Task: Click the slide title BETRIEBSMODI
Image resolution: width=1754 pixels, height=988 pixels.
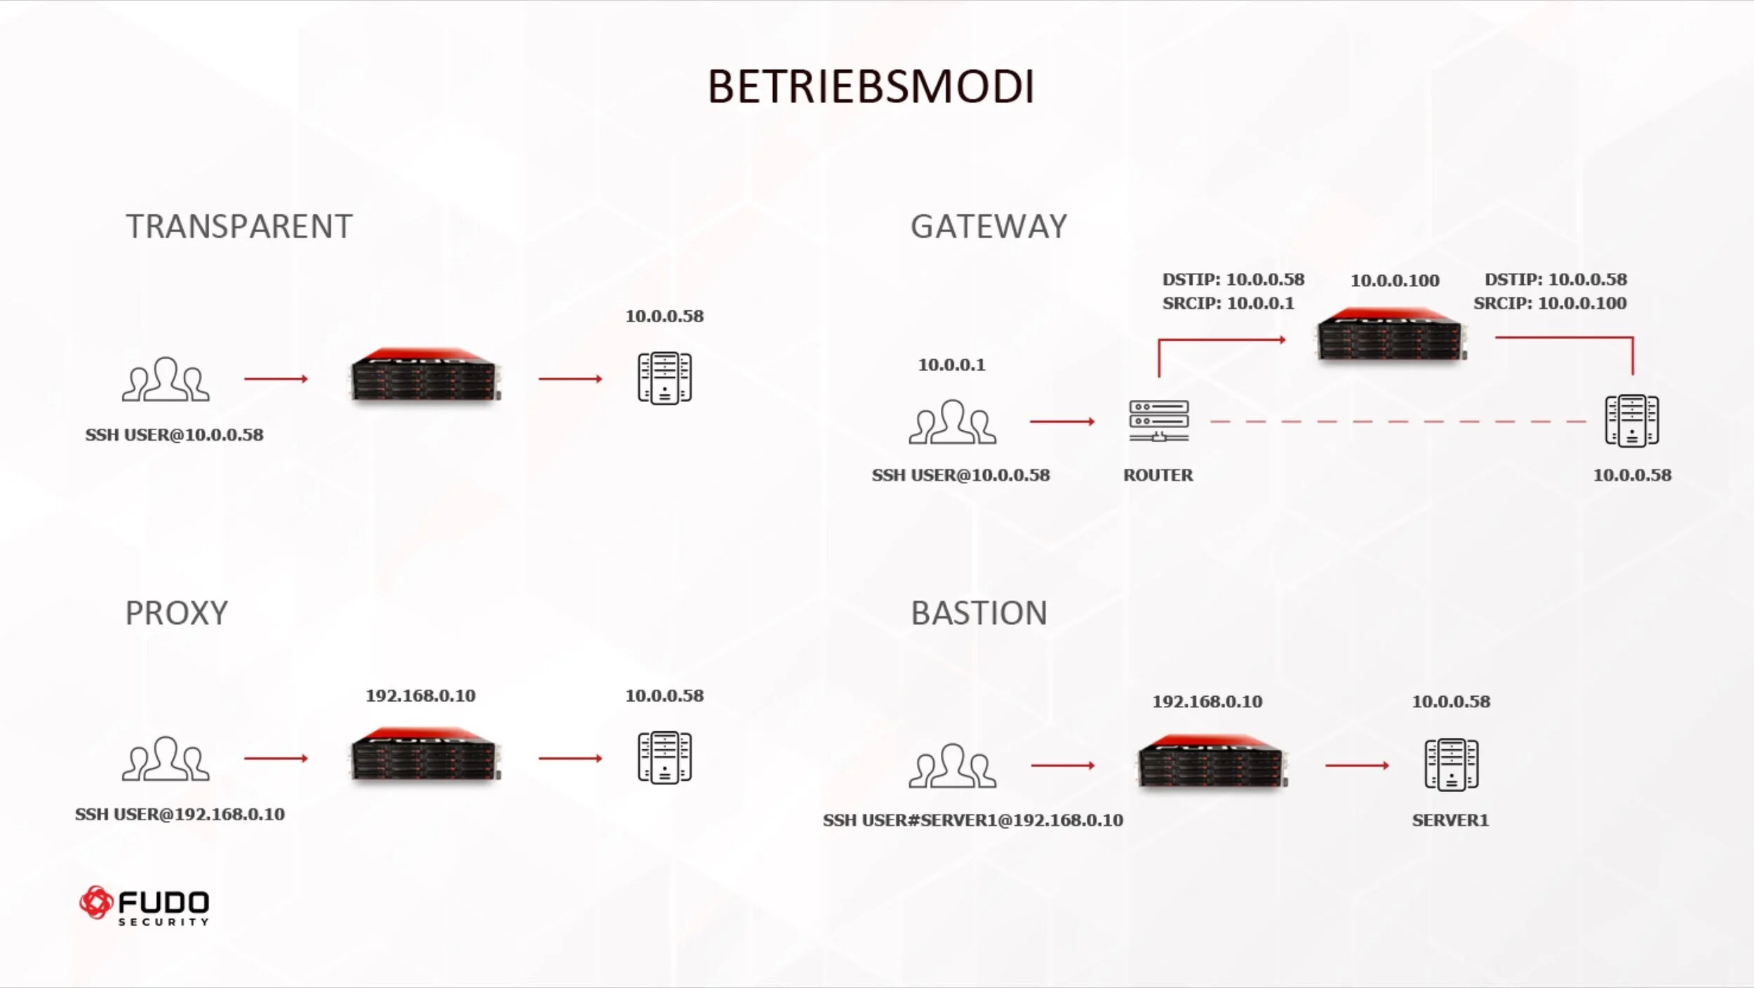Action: point(871,87)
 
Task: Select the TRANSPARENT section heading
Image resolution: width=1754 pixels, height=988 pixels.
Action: point(239,227)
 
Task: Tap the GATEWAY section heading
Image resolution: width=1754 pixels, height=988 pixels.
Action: point(989,227)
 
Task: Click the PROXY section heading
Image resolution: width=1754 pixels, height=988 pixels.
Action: point(177,613)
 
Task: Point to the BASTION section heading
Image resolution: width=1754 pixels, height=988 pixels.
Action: point(979,613)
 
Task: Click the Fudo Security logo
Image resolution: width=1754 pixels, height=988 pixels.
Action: point(145,905)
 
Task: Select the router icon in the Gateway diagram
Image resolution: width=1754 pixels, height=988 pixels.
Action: point(1158,421)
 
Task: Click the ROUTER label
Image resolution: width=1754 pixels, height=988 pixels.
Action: point(1158,475)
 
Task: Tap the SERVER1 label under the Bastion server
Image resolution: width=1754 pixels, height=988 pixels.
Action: point(1450,820)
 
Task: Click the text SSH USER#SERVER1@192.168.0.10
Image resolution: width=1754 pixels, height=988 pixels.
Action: point(972,820)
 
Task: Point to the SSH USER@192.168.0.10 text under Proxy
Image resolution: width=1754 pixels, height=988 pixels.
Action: point(180,815)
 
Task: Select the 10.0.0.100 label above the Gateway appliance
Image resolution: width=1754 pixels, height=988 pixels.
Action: point(1395,281)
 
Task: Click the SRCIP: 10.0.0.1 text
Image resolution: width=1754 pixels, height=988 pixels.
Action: point(1228,303)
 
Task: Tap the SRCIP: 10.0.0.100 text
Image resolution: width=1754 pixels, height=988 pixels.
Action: point(1550,303)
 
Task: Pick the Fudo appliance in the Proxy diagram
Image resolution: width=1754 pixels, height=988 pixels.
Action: point(425,755)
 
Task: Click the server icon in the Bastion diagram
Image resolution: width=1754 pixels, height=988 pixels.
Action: point(1451,765)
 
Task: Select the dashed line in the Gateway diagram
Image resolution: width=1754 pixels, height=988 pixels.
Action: point(1396,422)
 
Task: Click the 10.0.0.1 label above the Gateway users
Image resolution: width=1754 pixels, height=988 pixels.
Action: point(951,365)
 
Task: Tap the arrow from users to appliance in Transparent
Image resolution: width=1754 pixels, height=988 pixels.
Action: point(276,379)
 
